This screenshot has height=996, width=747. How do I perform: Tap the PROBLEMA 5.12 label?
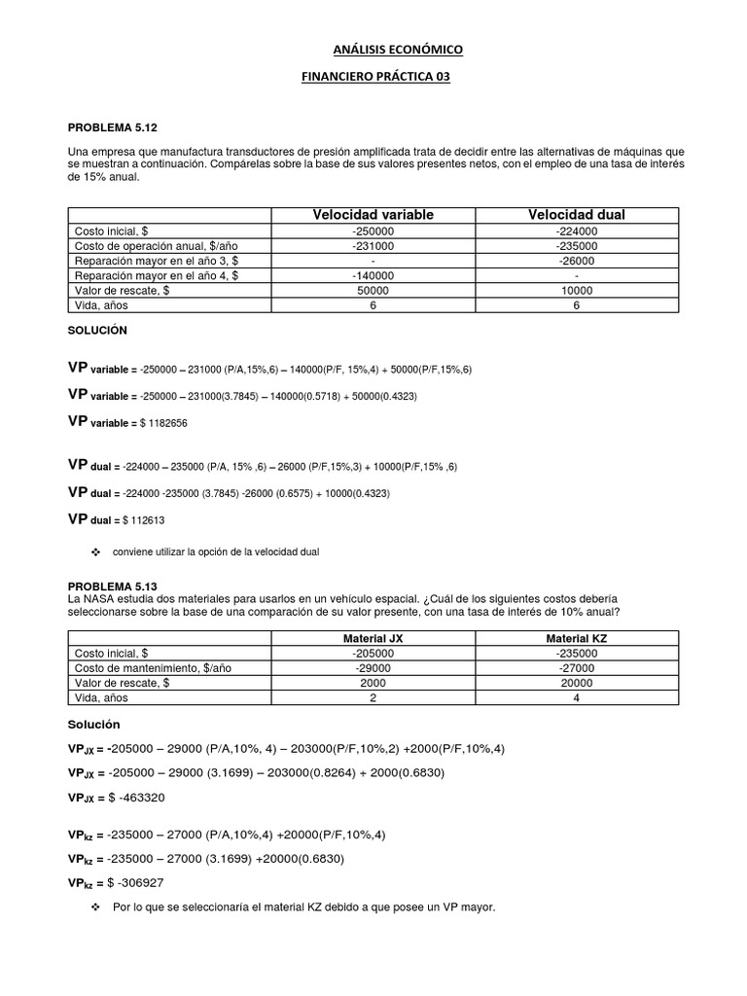112,127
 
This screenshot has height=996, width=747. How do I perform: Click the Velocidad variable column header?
373,214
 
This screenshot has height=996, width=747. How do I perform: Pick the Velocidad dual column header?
577,214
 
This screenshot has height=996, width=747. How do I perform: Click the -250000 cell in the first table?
373,231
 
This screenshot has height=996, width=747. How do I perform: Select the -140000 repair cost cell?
373,275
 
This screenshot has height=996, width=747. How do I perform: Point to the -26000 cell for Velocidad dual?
577,261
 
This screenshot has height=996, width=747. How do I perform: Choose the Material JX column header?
373,637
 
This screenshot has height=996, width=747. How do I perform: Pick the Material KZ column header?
577,637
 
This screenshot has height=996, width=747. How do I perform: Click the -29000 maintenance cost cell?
373,668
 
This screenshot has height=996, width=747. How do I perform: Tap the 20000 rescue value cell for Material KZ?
577,683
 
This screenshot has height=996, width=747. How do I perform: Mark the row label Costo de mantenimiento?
153,668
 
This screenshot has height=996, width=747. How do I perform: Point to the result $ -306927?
149,882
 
